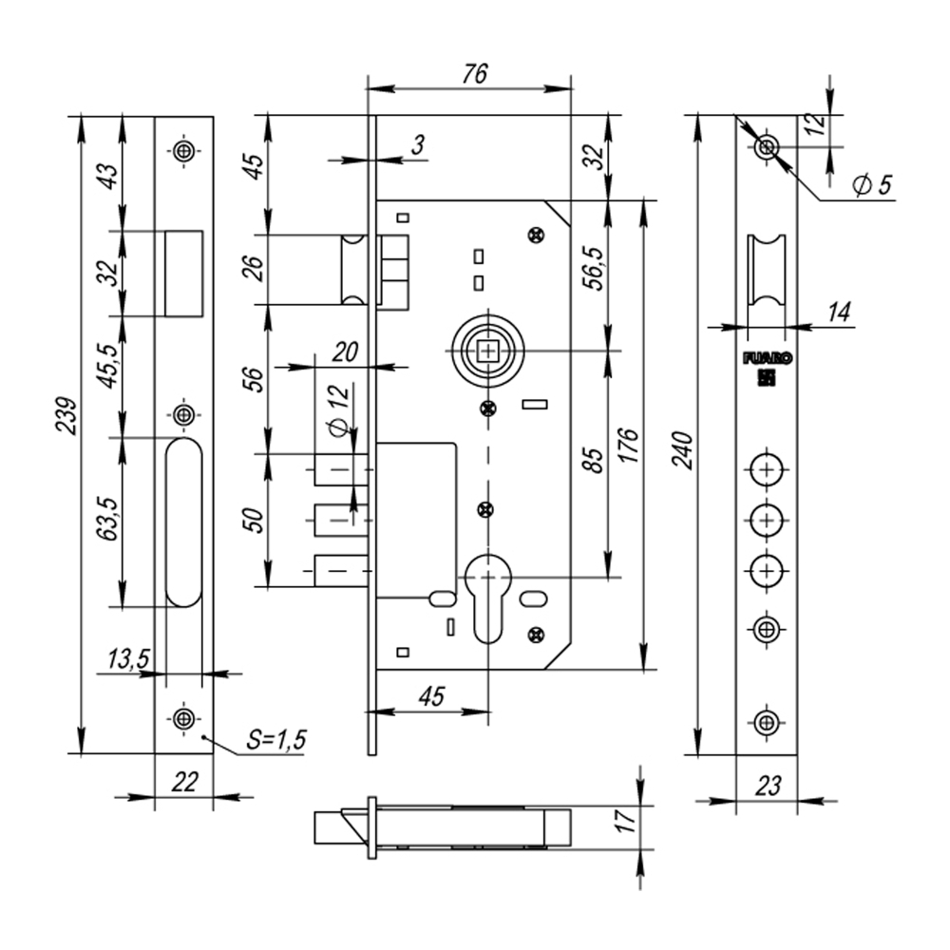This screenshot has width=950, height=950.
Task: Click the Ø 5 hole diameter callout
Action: pos(871,185)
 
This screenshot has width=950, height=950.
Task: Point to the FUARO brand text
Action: pos(766,360)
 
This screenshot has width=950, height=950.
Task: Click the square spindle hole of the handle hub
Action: pos(488,351)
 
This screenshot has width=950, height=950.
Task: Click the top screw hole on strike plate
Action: pos(183,152)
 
